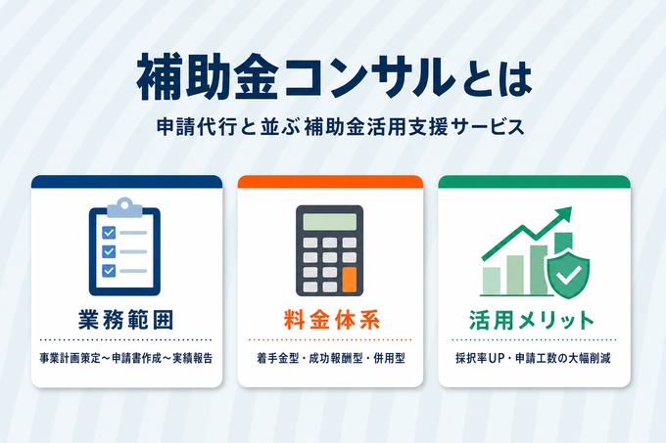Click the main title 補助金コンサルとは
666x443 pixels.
pyautogui.click(x=334, y=77)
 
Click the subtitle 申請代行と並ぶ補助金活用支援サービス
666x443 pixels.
pyautogui.click(x=341, y=127)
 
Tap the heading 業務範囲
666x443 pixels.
pyautogui.click(x=126, y=320)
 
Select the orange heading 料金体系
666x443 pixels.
pyautogui.click(x=332, y=320)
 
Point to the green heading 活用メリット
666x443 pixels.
pyautogui.click(x=532, y=320)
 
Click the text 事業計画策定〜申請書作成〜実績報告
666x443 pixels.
pyautogui.click(x=126, y=358)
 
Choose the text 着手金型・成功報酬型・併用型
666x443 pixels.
pyautogui.click(x=330, y=358)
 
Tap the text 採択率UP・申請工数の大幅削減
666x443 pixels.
pyautogui.click(x=533, y=358)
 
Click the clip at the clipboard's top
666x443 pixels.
pyautogui.click(x=124, y=207)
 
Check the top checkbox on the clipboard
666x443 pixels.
pyautogui.click(x=109, y=233)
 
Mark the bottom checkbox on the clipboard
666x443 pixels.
pyautogui.click(x=109, y=270)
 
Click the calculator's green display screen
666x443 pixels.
pyautogui.click(x=330, y=222)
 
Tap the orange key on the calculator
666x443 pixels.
pyautogui.click(x=350, y=280)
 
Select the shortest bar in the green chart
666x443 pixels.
pyautogui.click(x=492, y=281)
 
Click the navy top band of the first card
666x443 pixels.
pyautogui.click(x=126, y=182)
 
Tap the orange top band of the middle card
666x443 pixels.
pyautogui.click(x=330, y=182)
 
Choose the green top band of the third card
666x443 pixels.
pyautogui.click(x=535, y=182)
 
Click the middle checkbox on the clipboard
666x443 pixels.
pyautogui.click(x=109, y=251)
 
